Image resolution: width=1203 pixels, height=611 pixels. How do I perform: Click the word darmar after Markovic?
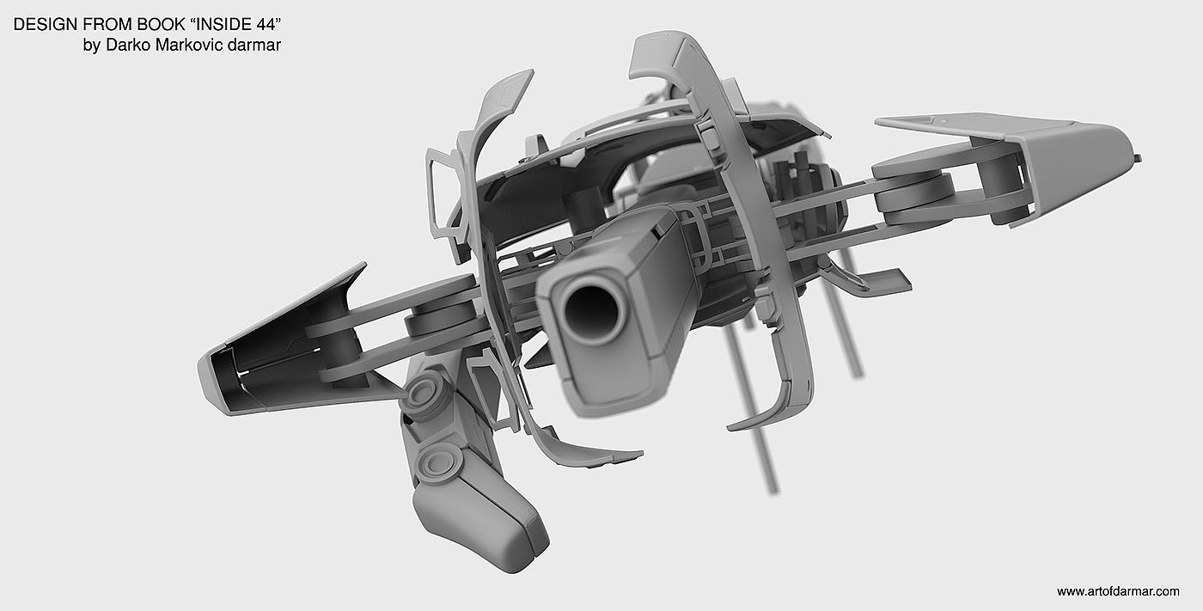[x=254, y=45]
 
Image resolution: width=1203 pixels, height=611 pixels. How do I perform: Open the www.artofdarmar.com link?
[x=1118, y=591]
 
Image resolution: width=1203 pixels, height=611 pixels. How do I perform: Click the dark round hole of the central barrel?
[x=592, y=311]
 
